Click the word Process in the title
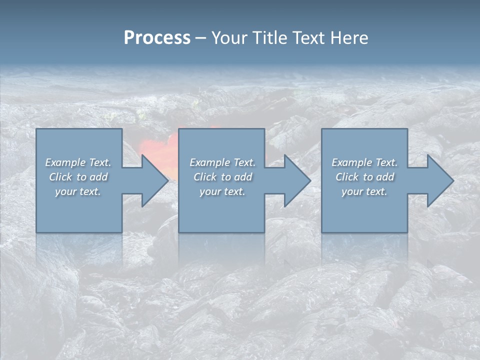pyautogui.click(x=157, y=38)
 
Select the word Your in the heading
pyautogui.click(x=229, y=38)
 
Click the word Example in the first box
pyautogui.click(x=65, y=162)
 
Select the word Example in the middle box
pyautogui.click(x=209, y=162)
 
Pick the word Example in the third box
pyautogui.click(x=351, y=162)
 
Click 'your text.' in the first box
pyautogui.click(x=78, y=191)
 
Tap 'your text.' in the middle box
pyautogui.click(x=222, y=191)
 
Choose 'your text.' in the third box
pyautogui.click(x=364, y=191)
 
